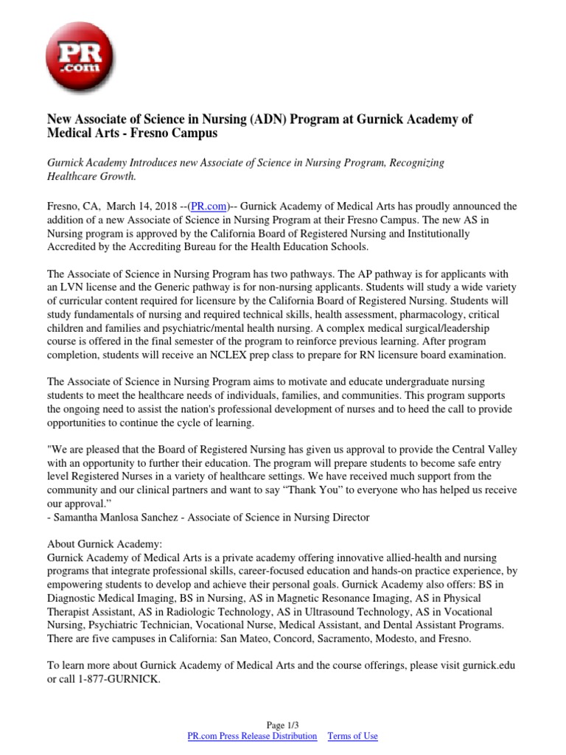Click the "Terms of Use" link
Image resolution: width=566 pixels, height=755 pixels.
click(352, 736)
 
